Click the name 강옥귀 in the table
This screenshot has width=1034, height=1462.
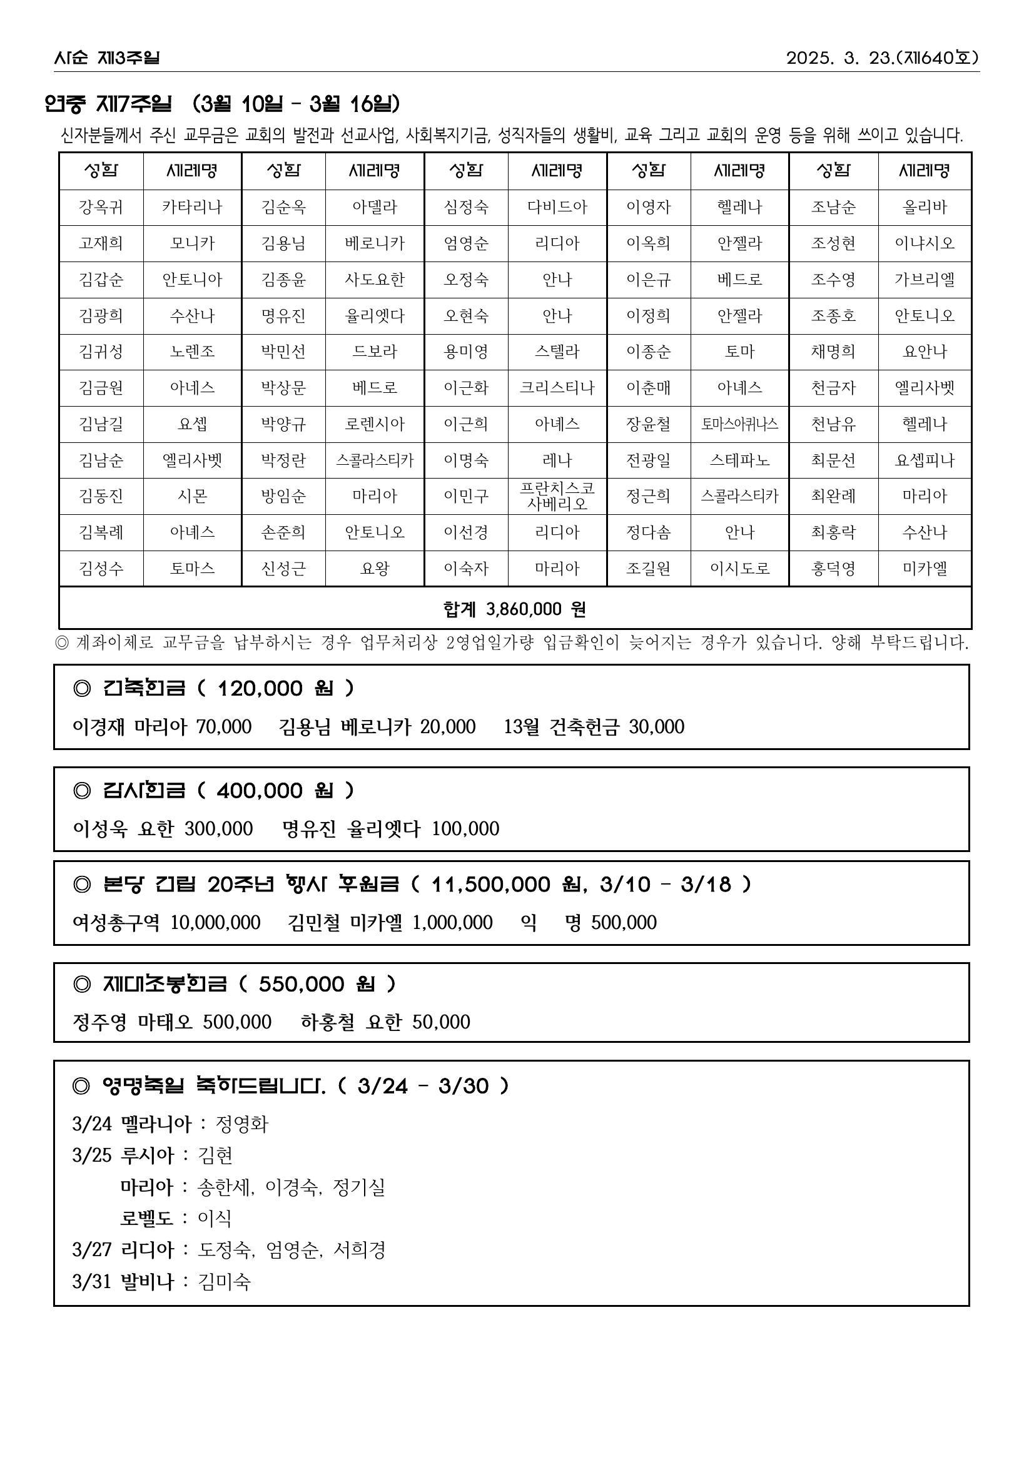point(101,207)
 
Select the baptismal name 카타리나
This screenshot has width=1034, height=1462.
point(191,207)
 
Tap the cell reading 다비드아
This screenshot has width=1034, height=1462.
point(557,207)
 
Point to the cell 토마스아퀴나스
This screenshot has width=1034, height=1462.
point(739,424)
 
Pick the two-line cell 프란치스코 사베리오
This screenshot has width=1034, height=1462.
point(557,496)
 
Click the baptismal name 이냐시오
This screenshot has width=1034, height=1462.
point(925,243)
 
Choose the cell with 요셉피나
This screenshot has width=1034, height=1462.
point(925,460)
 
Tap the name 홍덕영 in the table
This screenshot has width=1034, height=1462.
point(833,569)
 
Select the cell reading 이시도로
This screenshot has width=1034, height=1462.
point(739,569)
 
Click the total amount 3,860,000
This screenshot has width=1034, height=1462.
point(524,609)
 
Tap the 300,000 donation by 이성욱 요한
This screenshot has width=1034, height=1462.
point(218,828)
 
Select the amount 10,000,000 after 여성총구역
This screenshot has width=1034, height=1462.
point(215,922)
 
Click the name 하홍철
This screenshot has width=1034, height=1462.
point(327,1022)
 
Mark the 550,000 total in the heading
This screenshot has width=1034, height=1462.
point(301,984)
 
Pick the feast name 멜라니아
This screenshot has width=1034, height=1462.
point(156,1124)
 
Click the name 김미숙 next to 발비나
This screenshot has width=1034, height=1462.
point(224,1281)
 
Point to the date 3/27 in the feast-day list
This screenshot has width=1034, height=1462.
point(92,1249)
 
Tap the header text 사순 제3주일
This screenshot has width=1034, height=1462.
point(106,58)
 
